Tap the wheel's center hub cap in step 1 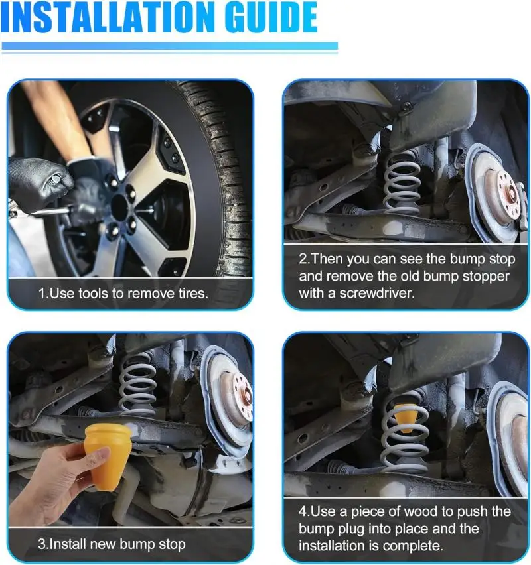click(120, 206)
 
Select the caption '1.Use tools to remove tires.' click(123, 294)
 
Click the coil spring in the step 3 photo click(138, 385)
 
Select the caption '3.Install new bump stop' click(112, 544)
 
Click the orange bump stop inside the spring click(405, 417)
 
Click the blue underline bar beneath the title click(169, 46)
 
